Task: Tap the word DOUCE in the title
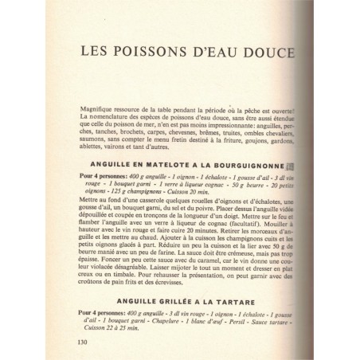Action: [268, 52]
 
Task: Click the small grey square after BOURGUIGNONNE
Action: [292, 166]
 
